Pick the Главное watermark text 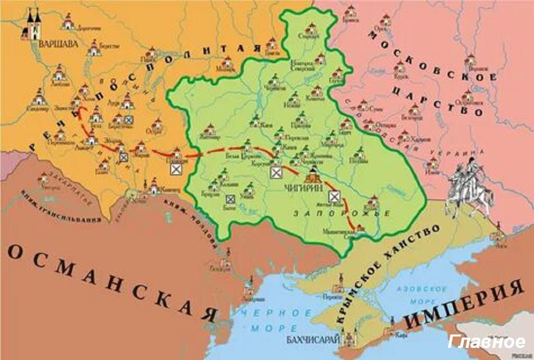coord(487,342)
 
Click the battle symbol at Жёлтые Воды coord(334,196)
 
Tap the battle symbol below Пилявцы coord(177,169)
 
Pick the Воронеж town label coord(474,69)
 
